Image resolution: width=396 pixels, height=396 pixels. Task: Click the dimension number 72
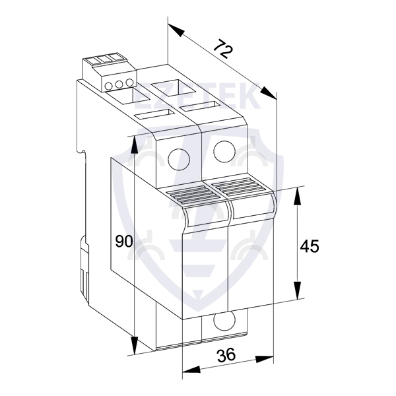(x=223, y=49)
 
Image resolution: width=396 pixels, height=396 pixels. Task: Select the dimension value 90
(x=124, y=241)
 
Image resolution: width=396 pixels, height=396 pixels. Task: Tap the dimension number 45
(x=310, y=246)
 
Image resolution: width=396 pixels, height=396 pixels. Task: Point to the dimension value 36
(x=226, y=354)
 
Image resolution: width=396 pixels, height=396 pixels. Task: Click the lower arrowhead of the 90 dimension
(x=135, y=345)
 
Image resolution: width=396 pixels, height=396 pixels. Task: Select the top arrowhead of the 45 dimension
(x=298, y=197)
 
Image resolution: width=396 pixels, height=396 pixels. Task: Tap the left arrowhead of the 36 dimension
(x=191, y=370)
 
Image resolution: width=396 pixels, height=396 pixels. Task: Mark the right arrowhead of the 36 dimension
(x=265, y=359)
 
